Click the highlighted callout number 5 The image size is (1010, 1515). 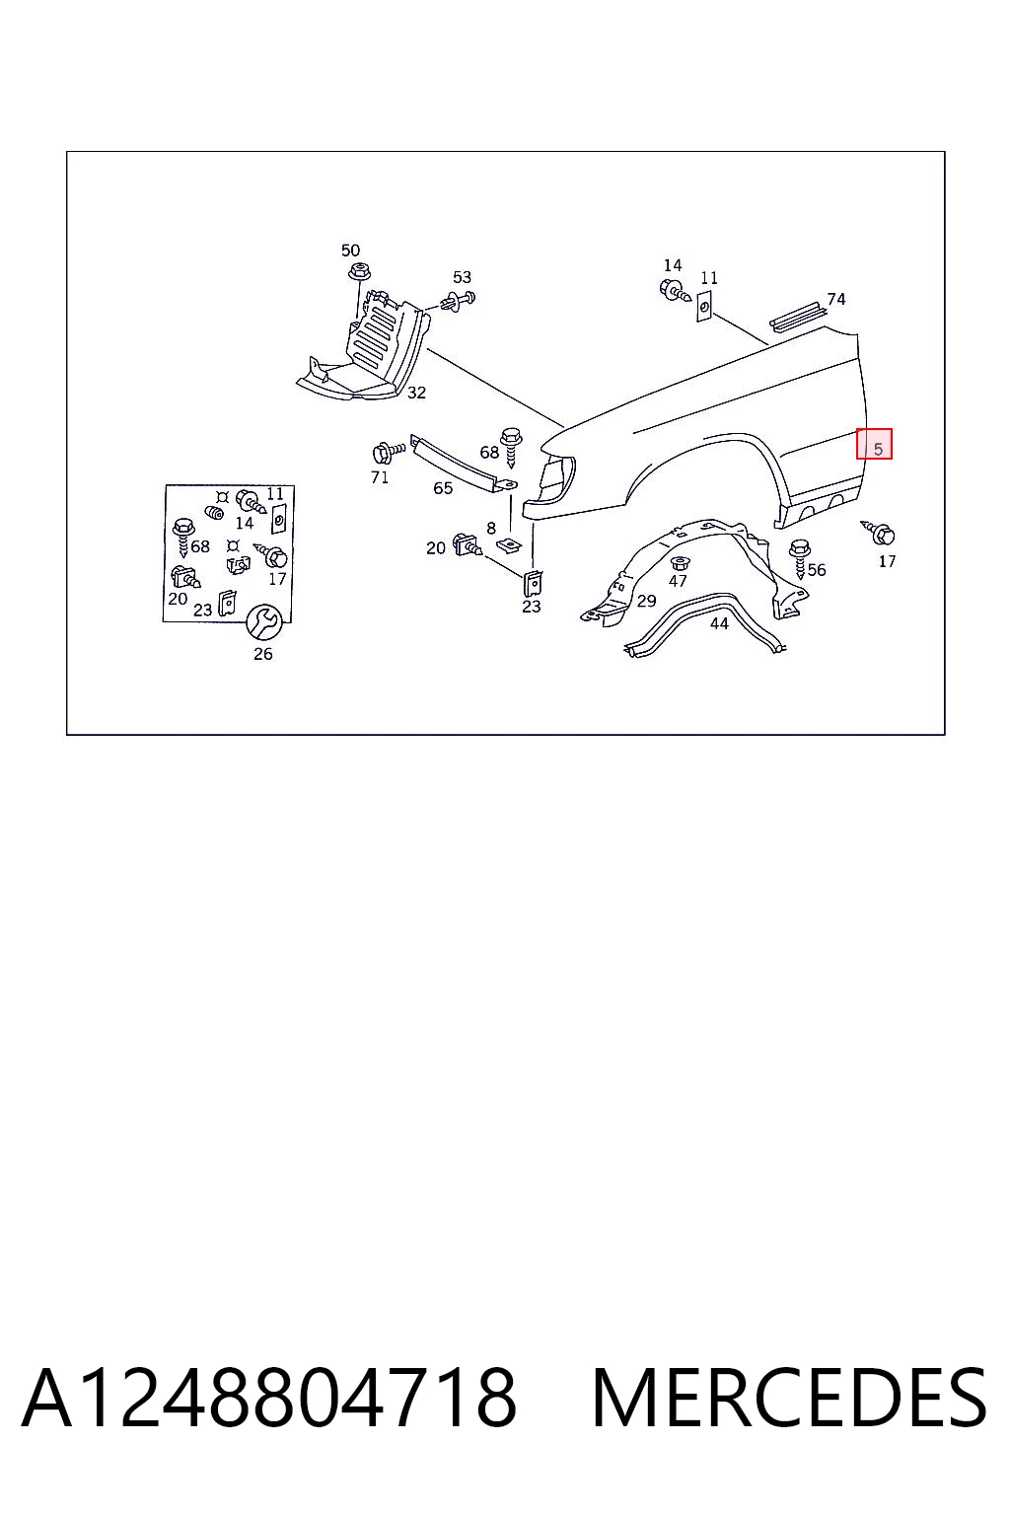tap(878, 449)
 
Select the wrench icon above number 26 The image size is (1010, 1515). tap(263, 621)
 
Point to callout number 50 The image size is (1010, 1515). tap(350, 251)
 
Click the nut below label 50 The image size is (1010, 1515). tap(356, 272)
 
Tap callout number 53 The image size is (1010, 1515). tap(462, 277)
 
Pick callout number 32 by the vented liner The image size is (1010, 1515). tap(416, 393)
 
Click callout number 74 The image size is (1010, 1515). tap(836, 299)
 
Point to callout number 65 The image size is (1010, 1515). tap(443, 487)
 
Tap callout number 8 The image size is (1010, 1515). tap(491, 528)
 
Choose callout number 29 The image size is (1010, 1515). tap(647, 600)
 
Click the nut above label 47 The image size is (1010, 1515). tap(678, 563)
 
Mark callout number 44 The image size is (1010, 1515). tap(719, 623)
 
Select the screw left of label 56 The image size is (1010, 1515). tap(800, 557)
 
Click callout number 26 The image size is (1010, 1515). tap(263, 653)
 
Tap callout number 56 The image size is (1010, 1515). tap(817, 569)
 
